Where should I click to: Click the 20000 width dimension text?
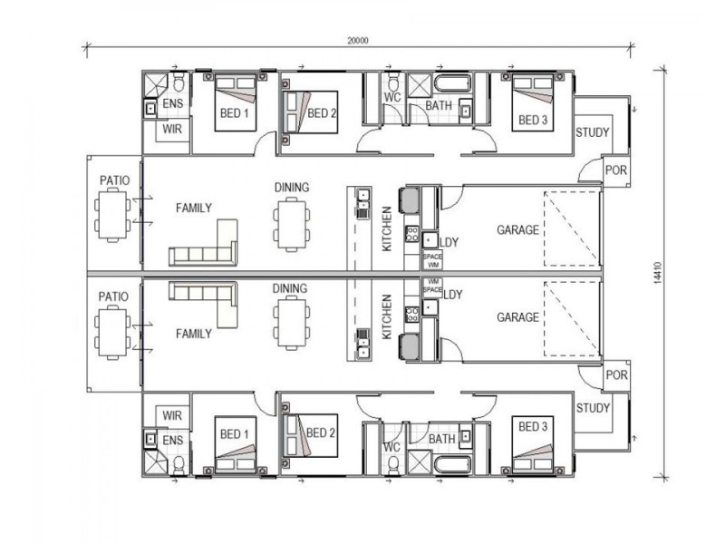(x=358, y=41)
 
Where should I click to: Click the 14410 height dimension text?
(x=659, y=274)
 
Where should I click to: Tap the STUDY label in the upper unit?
(x=593, y=132)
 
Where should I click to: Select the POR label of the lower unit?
(x=616, y=374)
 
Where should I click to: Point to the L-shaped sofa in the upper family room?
(x=203, y=243)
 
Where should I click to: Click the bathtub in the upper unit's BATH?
(x=452, y=84)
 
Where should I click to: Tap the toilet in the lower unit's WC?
(x=393, y=465)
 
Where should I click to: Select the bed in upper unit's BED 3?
(x=533, y=102)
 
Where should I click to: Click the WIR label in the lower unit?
(x=172, y=415)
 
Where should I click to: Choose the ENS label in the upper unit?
(x=172, y=103)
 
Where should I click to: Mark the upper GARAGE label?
(x=517, y=230)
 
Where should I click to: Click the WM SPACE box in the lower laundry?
(x=433, y=286)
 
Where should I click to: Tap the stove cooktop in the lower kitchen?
(x=411, y=315)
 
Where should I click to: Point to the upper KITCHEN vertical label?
(x=387, y=228)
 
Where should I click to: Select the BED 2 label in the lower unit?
(x=321, y=433)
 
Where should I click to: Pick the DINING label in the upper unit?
(x=292, y=188)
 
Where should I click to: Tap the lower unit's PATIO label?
(x=113, y=296)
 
